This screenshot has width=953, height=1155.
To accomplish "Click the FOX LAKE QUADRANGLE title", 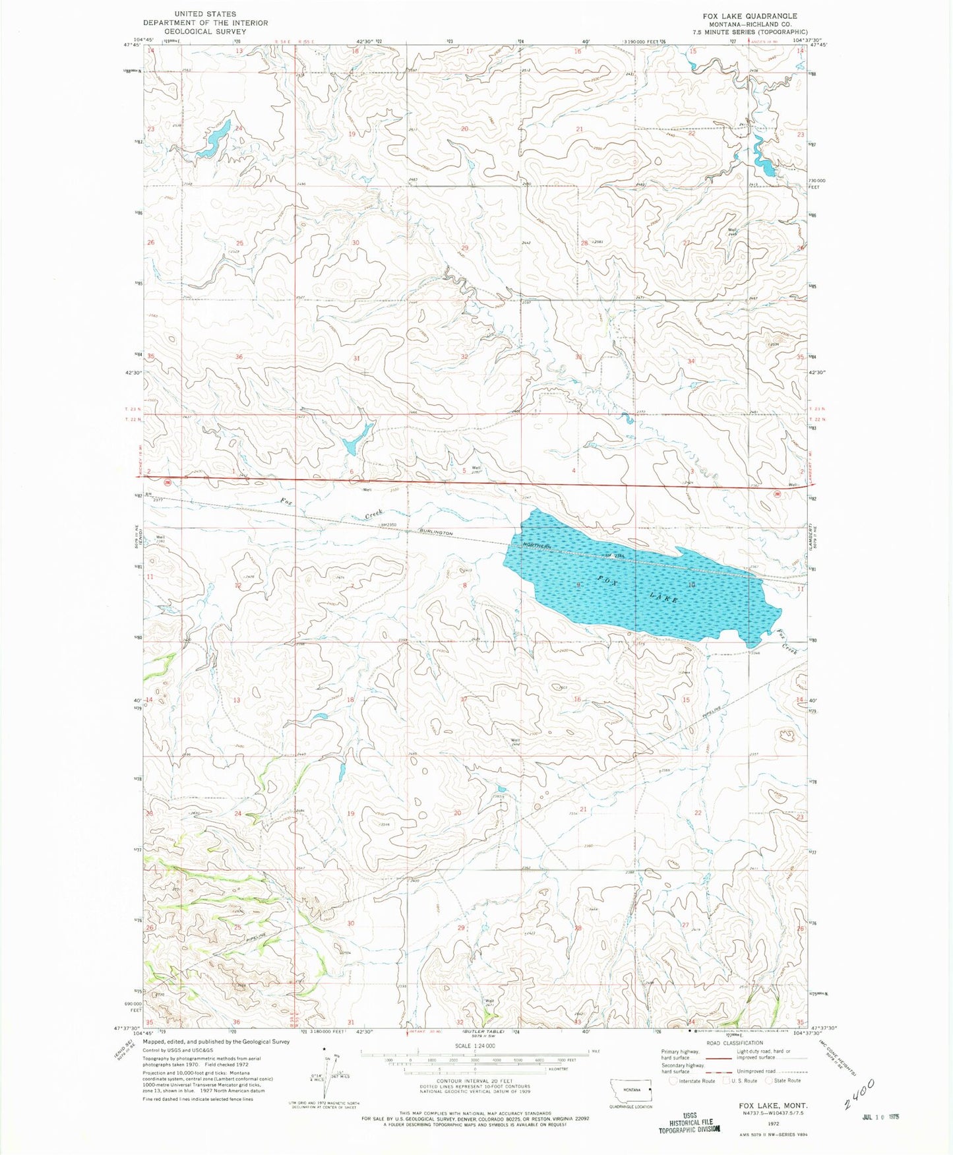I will pos(758,16).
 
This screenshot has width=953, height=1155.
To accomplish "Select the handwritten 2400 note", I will pos(859,1094).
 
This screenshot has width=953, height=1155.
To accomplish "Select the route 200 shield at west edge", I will pos(168,482).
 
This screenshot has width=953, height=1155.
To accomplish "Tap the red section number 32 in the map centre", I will pos(464,357).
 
